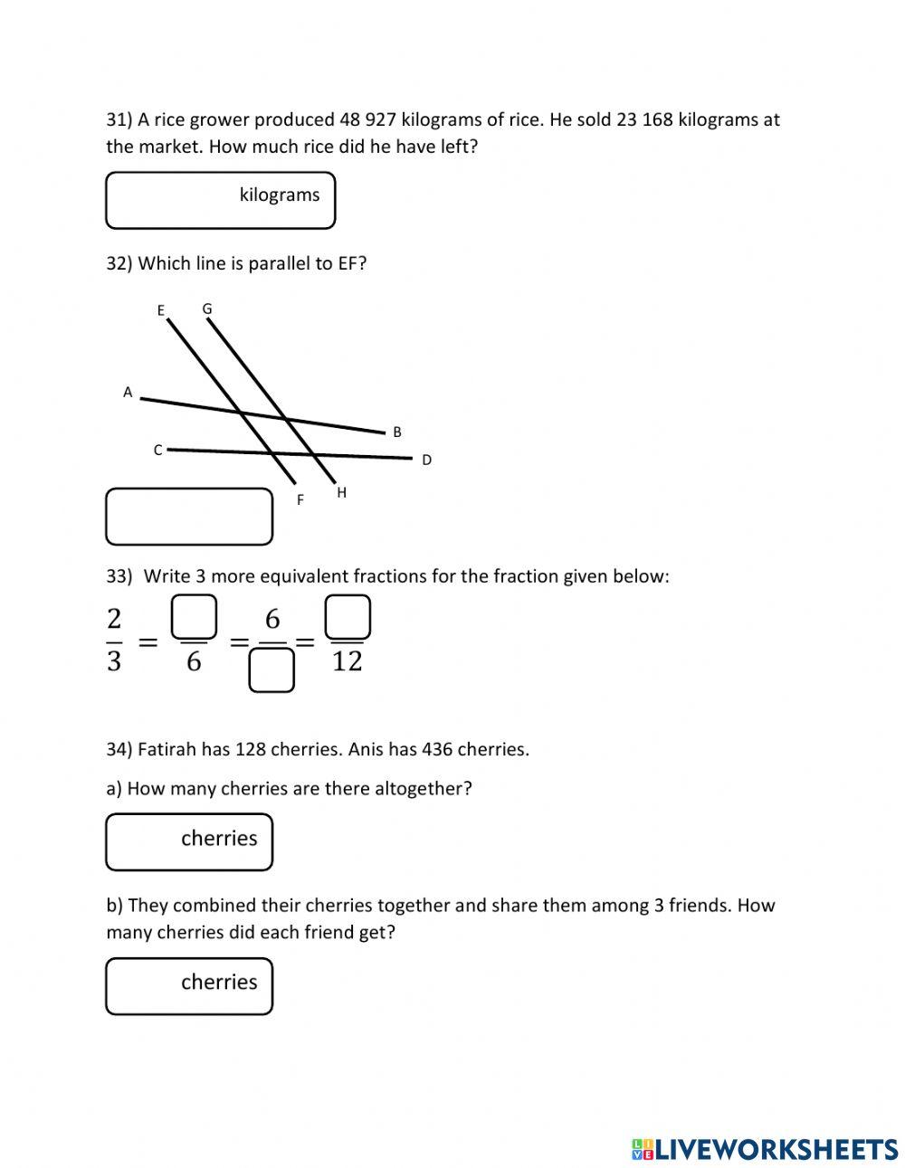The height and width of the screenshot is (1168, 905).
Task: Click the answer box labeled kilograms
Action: click(x=220, y=200)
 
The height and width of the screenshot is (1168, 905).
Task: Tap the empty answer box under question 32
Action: click(x=189, y=517)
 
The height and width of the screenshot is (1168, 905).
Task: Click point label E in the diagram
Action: click(x=161, y=310)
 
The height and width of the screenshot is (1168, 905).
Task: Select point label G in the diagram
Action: click(x=207, y=309)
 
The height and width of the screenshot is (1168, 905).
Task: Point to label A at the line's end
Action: click(x=128, y=392)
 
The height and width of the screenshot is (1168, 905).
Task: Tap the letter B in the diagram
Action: click(x=397, y=432)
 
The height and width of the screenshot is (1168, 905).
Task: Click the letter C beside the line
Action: click(x=157, y=450)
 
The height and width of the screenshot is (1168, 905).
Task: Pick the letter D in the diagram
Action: click(x=427, y=460)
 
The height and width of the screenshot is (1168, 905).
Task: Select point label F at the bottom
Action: click(x=300, y=499)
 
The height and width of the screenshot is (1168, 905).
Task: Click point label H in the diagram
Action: click(x=341, y=492)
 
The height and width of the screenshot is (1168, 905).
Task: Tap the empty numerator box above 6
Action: click(x=194, y=616)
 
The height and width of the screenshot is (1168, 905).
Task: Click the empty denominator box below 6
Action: click(x=271, y=671)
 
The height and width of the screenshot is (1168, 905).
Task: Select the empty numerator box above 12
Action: click(x=348, y=616)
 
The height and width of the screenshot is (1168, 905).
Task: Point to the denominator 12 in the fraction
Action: click(x=348, y=661)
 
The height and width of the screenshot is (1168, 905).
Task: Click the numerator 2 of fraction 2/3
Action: click(x=114, y=619)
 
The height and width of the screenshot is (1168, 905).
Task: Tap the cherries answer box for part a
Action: click(x=189, y=841)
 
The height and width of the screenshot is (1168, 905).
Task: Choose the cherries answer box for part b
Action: click(x=189, y=985)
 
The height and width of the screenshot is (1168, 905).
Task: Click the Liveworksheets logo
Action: click(x=765, y=1149)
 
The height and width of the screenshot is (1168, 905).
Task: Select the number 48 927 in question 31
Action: click(x=368, y=119)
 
